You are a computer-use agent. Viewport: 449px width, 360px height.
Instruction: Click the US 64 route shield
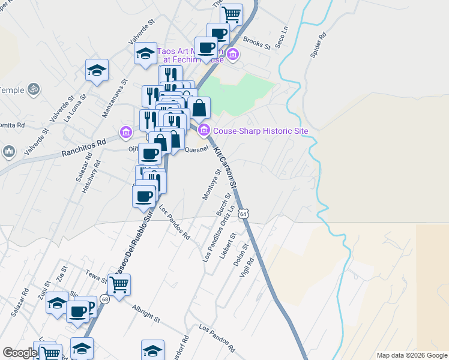click(243, 214)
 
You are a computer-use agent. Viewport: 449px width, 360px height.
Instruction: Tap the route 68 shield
click(104, 299)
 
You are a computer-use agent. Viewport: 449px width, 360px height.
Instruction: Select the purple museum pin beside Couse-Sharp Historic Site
click(203, 130)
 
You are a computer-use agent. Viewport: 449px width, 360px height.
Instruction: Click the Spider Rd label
click(318, 45)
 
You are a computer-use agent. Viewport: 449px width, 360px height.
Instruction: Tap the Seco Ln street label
click(282, 37)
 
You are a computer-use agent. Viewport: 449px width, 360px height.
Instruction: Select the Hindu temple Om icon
click(34, 89)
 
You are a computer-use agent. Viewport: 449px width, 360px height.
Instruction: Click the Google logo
click(20, 353)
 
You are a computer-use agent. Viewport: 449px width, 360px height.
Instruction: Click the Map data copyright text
click(411, 355)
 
